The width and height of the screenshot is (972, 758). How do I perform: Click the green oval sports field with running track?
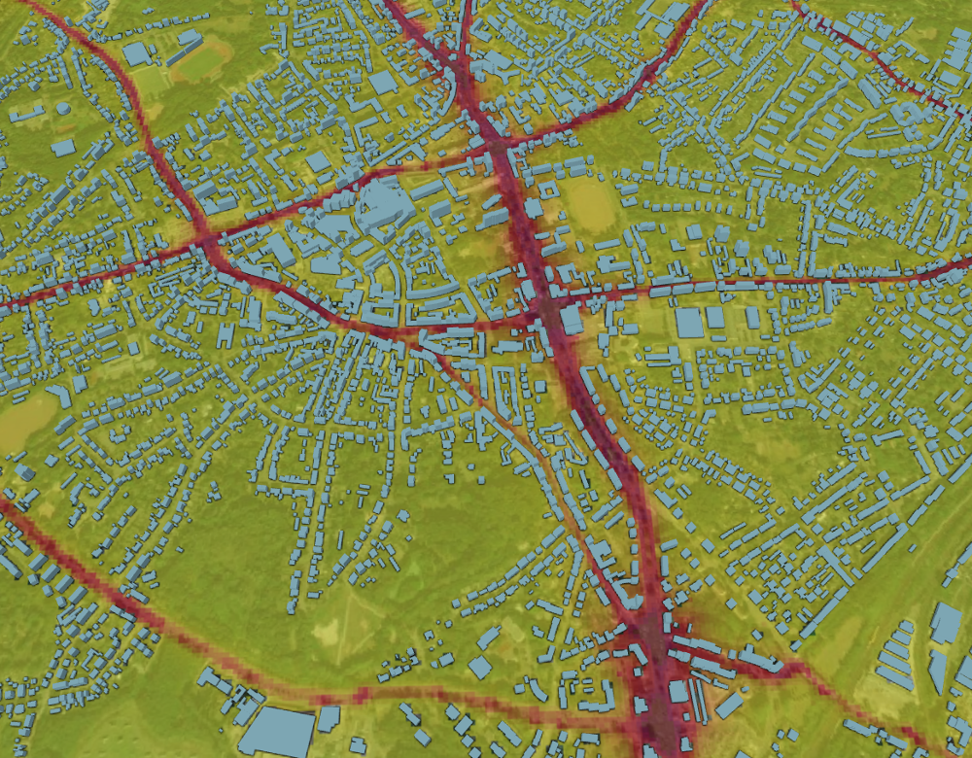pos(202,64)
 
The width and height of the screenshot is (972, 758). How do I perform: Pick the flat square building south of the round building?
pos(63,148)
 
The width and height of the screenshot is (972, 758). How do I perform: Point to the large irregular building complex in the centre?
pos(381,207)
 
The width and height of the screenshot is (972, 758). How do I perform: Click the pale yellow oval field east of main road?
pos(590,202)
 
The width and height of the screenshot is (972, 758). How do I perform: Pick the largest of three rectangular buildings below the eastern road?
pos(689,322)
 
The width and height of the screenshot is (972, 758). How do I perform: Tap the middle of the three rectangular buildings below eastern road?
pos(716,317)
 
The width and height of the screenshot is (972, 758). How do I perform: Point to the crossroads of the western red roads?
pos(207,238)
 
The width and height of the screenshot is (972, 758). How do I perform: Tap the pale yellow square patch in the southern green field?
pos(328,632)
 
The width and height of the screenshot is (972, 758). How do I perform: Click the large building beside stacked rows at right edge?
pos(946,622)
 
